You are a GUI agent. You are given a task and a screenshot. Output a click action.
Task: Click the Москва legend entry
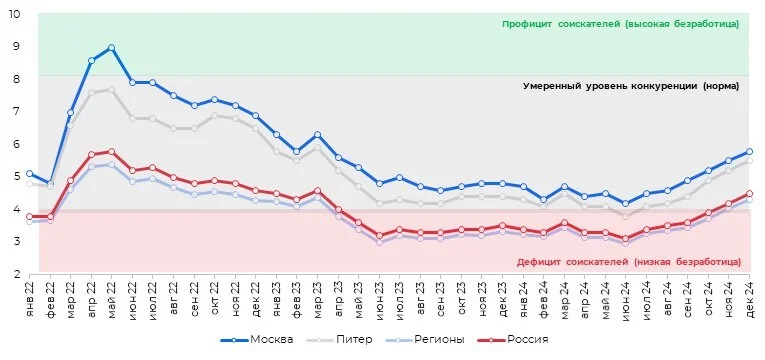coord(257,340)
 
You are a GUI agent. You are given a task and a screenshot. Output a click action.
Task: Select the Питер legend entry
coord(339,340)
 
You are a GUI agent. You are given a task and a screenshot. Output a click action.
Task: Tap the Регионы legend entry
coord(424,340)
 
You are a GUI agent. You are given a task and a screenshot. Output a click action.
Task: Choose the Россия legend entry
coord(511,340)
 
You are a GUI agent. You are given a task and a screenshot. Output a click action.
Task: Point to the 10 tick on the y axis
coord(14,14)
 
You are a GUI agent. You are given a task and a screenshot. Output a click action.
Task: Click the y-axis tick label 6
coord(17,144)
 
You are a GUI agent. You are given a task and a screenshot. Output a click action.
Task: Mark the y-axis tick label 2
coord(17,274)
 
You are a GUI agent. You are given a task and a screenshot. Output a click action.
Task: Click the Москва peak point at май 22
coord(111,48)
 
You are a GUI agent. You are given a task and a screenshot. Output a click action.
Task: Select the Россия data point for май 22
coord(111,152)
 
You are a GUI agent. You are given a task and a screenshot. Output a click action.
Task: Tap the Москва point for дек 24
coord(749,152)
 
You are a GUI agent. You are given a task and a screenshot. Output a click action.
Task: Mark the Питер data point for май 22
coord(111,90)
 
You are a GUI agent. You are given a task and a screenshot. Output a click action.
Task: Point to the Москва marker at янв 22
coord(29,174)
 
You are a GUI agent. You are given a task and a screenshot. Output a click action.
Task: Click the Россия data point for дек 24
coord(749,194)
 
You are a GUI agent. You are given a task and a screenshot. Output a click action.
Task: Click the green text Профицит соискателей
coord(553,24)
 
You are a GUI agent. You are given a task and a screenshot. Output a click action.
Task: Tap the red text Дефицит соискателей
coord(572,262)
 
